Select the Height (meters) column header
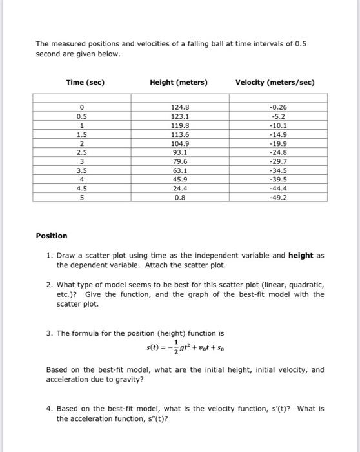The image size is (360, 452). pyautogui.click(x=179, y=83)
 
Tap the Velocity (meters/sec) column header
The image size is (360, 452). pyautogui.click(x=275, y=83)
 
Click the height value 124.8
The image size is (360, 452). pyautogui.click(x=179, y=108)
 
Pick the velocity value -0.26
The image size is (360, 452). pyautogui.click(x=281, y=108)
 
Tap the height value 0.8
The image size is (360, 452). pyautogui.click(x=179, y=198)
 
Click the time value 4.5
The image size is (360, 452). pyautogui.click(x=82, y=189)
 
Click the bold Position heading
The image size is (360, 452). pyautogui.click(x=52, y=236)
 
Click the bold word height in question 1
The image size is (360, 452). pyautogui.click(x=301, y=256)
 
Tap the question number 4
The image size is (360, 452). pyautogui.click(x=49, y=409)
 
